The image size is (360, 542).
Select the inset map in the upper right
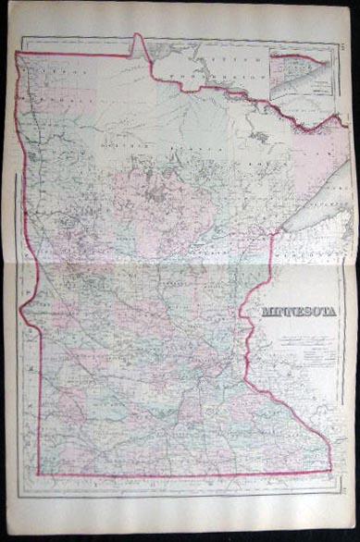[x=301, y=74]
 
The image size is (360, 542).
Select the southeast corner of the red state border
[x=331, y=445]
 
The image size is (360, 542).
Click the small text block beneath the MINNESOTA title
[x=302, y=333]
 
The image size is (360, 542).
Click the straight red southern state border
[x=185, y=448]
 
